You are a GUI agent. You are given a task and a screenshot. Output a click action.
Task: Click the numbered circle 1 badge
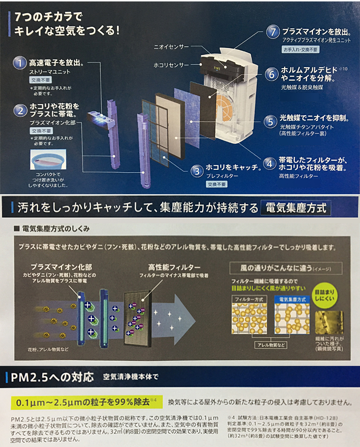pos(20,63)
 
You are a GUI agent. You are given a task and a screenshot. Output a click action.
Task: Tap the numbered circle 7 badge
pos(273,33)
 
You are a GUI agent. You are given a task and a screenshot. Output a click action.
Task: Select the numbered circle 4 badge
pos(270,164)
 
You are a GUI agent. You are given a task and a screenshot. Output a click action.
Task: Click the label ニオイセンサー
pos(171,47)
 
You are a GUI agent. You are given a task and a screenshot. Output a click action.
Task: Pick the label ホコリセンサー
pos(171,64)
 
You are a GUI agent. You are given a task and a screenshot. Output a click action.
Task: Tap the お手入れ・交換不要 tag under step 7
pos(299,49)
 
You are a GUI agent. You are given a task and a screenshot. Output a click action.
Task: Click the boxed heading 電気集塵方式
pos(295,208)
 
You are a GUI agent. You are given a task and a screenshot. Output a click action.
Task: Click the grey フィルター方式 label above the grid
pos(250,298)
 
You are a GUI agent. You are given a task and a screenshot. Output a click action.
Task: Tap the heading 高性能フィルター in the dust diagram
pos(168,267)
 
